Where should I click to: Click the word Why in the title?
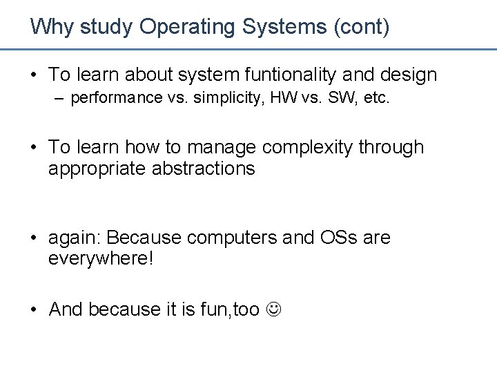(x=52, y=27)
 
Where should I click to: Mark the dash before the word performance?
(x=61, y=98)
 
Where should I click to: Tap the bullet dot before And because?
(x=34, y=310)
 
